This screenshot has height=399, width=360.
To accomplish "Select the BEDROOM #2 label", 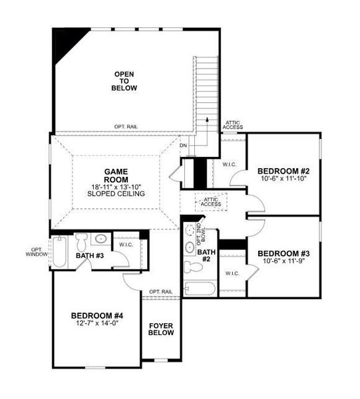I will tap(283, 172).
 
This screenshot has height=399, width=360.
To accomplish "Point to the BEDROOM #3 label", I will tap(283, 253).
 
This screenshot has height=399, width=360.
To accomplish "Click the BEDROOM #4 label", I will tap(97, 317).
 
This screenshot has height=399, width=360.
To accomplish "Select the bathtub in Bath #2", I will tap(200, 289).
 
